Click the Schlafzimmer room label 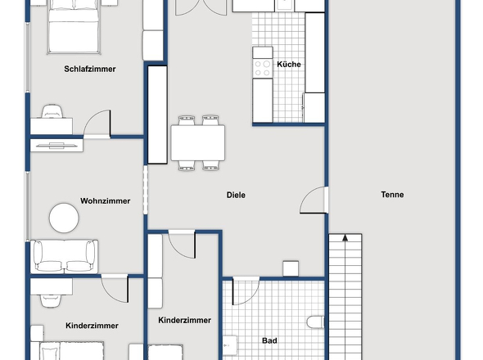pyautogui.click(x=90, y=69)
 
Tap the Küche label pyautogui.click(x=289, y=65)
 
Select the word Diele pyautogui.click(x=236, y=195)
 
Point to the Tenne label pyautogui.click(x=392, y=195)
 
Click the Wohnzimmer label pyautogui.click(x=106, y=201)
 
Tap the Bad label pyautogui.click(x=269, y=340)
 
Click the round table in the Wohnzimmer pyautogui.click(x=64, y=218)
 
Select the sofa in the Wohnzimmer pyautogui.click(x=65, y=257)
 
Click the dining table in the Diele pyautogui.click(x=198, y=143)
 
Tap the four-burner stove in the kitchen pyautogui.click(x=263, y=68)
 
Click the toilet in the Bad pyautogui.click(x=315, y=322)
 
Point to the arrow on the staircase pyautogui.click(x=345, y=238)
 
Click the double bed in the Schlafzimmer pyautogui.click(x=74, y=27)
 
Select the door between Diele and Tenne pyautogui.click(x=314, y=200)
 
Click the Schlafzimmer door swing pyautogui.click(x=97, y=124)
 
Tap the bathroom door pyautogui.click(x=246, y=291)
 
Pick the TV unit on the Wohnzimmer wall pyautogui.click(x=56, y=146)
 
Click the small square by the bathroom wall pyautogui.click(x=291, y=268)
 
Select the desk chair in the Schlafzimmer pyautogui.click(x=52, y=111)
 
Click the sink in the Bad pyautogui.click(x=230, y=345)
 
